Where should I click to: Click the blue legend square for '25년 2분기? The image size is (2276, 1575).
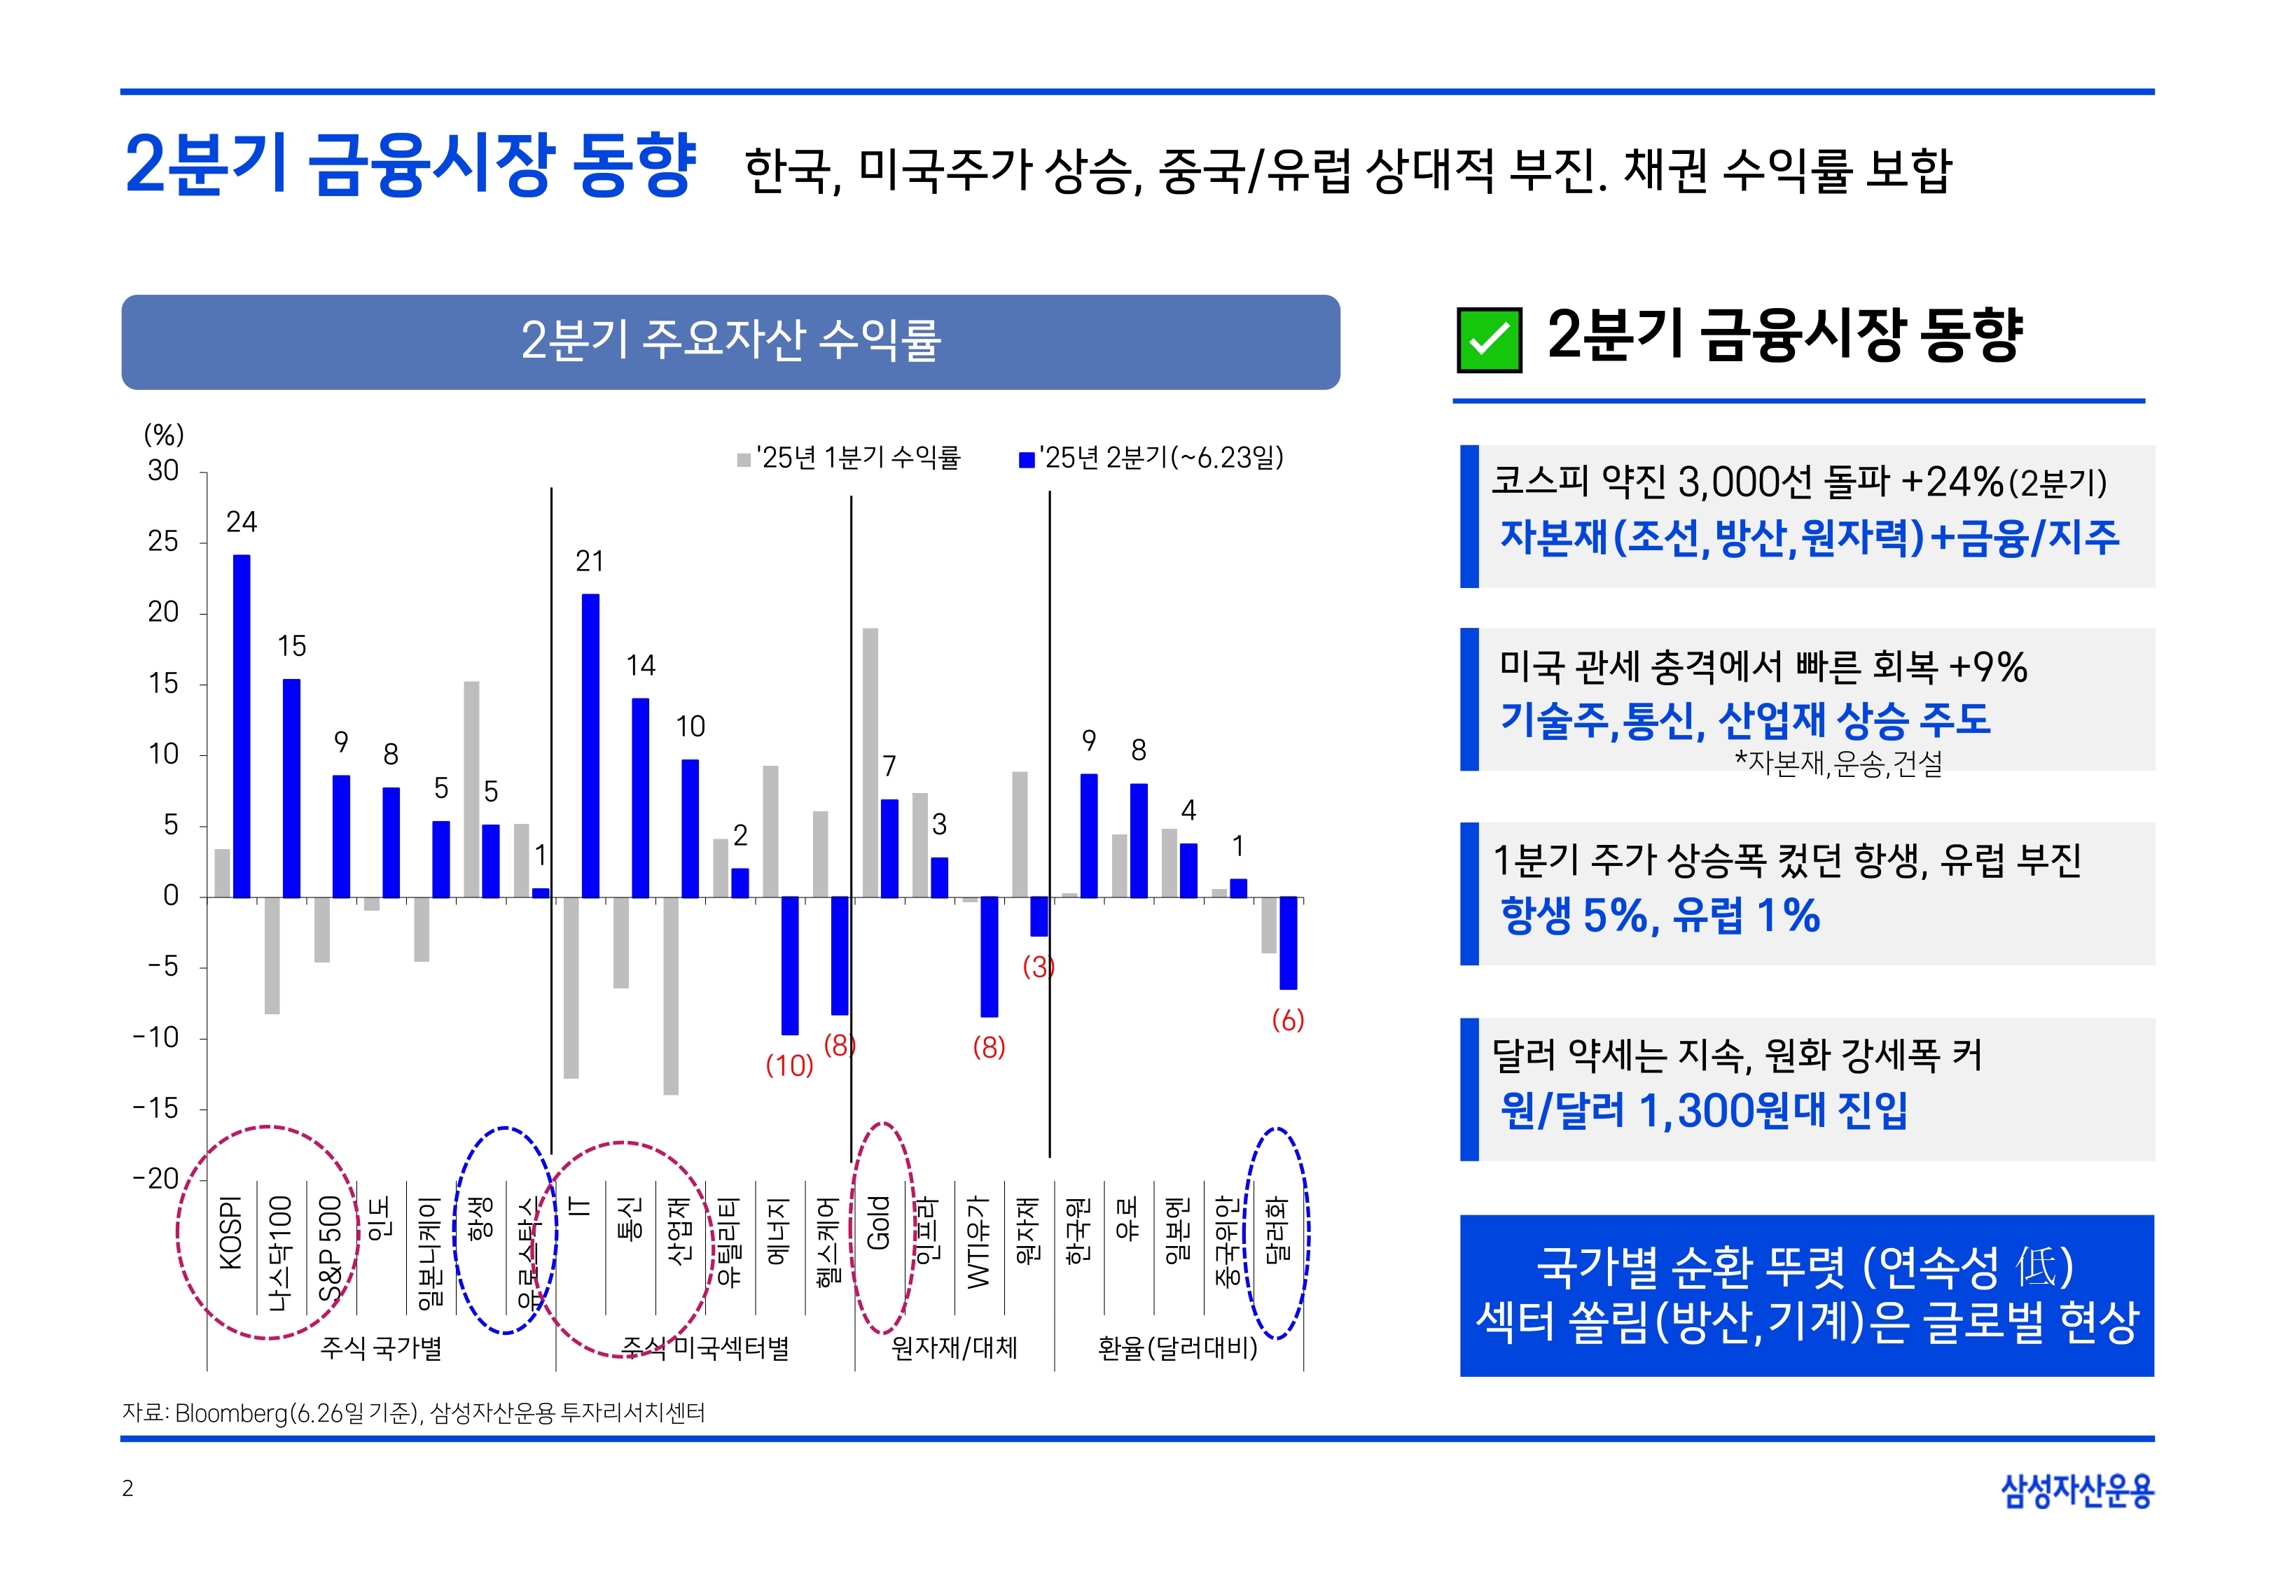click(1027, 460)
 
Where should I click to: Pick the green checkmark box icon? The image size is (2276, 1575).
click(1488, 339)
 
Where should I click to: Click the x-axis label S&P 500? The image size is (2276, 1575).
click(331, 1248)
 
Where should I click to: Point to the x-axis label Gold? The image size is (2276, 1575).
click(877, 1223)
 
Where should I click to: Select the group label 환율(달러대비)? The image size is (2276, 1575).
click(1177, 1348)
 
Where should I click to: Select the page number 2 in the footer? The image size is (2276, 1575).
click(127, 1488)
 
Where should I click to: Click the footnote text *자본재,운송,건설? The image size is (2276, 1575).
click(1838, 764)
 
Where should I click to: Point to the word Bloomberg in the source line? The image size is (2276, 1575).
click(232, 1413)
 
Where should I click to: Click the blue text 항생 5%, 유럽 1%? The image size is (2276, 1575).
click(1659, 916)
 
